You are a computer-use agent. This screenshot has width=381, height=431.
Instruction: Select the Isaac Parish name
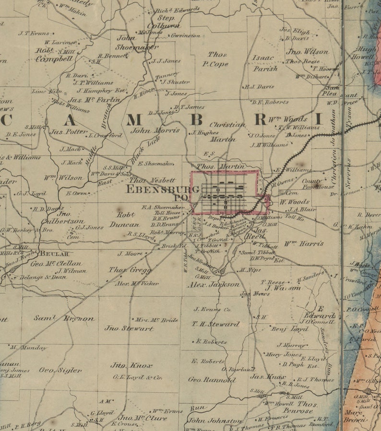pyautogui.click(x=264, y=63)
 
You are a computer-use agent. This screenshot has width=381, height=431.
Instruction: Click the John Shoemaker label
pyautogui.click(x=136, y=42)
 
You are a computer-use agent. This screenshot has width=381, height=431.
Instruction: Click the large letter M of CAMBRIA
pyautogui.click(x=134, y=120)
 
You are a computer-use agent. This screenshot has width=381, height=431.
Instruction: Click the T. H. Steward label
pyautogui.click(x=215, y=324)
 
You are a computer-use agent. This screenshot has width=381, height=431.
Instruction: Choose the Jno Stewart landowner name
pyautogui.click(x=129, y=329)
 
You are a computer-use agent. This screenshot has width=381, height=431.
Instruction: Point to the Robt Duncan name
pyautogui.click(x=124, y=220)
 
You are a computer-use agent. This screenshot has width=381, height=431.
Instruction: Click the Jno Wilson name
pyautogui.click(x=307, y=51)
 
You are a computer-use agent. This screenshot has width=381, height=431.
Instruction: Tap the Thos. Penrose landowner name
pyautogui.click(x=300, y=407)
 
